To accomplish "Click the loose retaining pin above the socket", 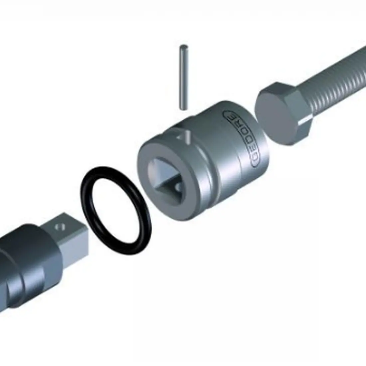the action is (184, 77).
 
